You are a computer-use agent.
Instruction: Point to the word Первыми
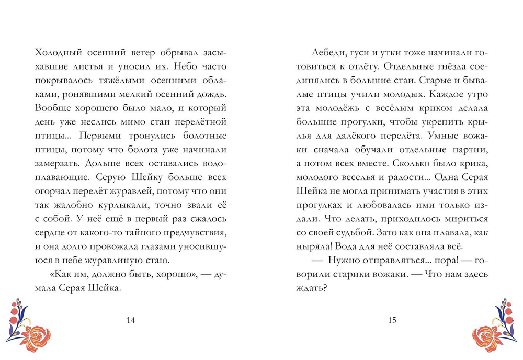(x=96, y=135)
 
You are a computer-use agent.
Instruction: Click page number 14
(x=131, y=321)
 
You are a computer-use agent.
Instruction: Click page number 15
(x=393, y=321)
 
